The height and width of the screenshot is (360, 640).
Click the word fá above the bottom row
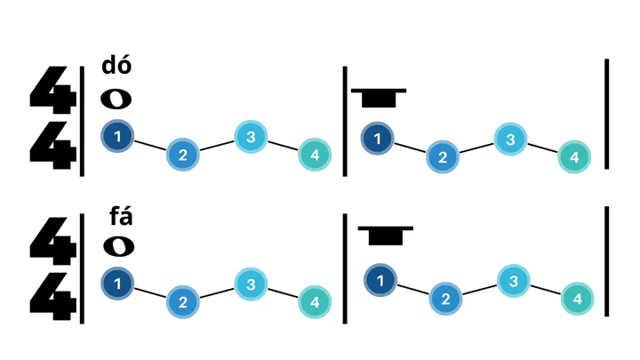click(x=120, y=216)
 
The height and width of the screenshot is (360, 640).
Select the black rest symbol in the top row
click(x=379, y=97)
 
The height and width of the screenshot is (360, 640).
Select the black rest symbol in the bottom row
click(x=385, y=235)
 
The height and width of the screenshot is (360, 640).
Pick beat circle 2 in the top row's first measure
click(x=182, y=155)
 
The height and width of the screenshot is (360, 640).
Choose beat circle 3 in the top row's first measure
click(x=251, y=136)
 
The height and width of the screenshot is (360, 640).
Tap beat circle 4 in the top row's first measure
click(x=314, y=155)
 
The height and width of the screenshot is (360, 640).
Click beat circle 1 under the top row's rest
click(x=378, y=138)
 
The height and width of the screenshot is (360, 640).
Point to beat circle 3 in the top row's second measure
click(x=510, y=140)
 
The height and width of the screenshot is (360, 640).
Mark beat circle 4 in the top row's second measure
click(x=574, y=157)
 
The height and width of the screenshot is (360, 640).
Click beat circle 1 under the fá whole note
click(x=117, y=284)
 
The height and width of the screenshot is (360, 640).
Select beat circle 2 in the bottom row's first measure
click(x=182, y=302)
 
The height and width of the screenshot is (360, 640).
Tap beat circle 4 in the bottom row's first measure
click(x=314, y=302)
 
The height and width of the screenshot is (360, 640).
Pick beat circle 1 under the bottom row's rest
click(x=380, y=281)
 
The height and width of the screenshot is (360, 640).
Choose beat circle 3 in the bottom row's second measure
click(x=513, y=281)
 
